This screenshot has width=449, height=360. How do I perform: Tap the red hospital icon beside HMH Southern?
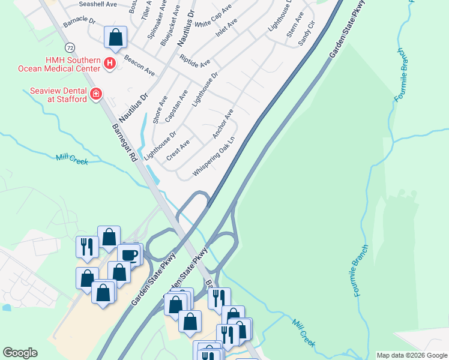[110, 63]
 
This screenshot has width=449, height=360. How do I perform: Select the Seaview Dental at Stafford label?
[58, 95]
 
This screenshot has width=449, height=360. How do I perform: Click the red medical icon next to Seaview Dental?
[95, 94]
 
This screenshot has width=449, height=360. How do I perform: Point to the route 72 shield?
[71, 47]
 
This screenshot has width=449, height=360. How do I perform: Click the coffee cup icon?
[129, 254]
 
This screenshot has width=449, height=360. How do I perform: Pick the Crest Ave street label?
[178, 149]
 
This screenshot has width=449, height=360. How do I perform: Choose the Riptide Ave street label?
[194, 61]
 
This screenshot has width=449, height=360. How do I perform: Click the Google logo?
[20, 353]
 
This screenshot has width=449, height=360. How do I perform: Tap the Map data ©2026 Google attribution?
[412, 355]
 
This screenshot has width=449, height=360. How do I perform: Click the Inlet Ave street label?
[226, 28]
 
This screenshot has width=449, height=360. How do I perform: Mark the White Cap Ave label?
[212, 16]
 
